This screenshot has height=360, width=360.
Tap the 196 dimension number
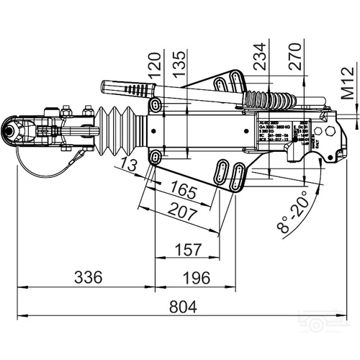click(194, 277)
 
